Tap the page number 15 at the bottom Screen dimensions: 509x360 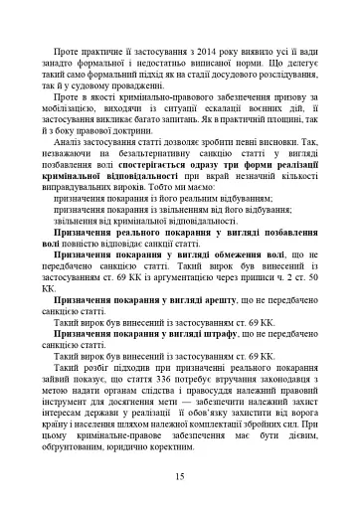point(180,477)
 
